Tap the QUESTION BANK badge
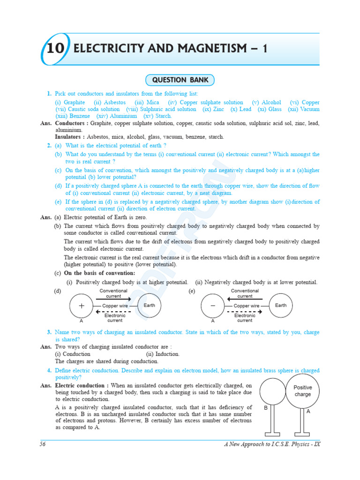[180, 81]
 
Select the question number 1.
[49, 94]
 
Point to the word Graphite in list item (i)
[74, 102]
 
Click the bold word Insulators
[69, 137]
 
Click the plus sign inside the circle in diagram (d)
[82, 305]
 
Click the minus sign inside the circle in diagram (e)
[213, 305]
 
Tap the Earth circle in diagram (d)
[150, 305]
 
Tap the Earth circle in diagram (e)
[281, 305]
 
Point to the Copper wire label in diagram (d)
[115, 306]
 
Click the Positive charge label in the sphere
[303, 391]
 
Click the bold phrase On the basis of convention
[99, 273]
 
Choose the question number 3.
[49, 332]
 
